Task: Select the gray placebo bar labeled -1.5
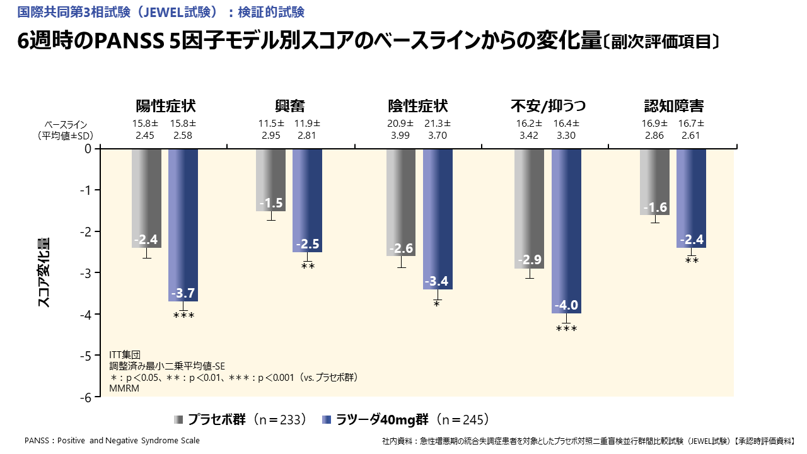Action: [x=270, y=179]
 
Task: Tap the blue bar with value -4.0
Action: [x=566, y=230]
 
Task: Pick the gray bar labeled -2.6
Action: [x=401, y=202]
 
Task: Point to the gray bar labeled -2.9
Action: [x=529, y=208]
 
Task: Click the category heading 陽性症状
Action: [x=161, y=106]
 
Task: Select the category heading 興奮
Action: [x=289, y=106]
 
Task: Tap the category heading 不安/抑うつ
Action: [x=543, y=106]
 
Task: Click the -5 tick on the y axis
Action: [x=88, y=356]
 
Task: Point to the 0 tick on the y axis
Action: [x=88, y=149]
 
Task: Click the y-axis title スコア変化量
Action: [x=44, y=272]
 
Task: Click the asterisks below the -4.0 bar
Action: [x=566, y=329]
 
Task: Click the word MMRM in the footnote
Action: [x=124, y=388]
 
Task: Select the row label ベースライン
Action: [x=66, y=124]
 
